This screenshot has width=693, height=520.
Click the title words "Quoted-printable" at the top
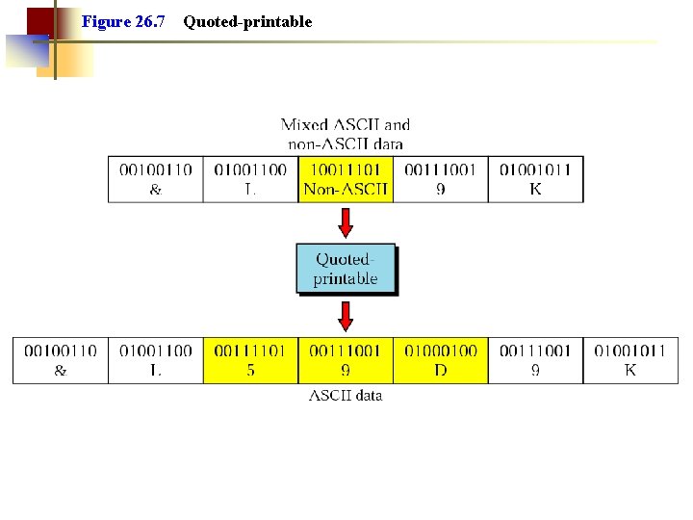pos(247,21)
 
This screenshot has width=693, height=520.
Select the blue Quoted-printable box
pos(346,269)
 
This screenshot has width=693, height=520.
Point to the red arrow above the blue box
pos(346,222)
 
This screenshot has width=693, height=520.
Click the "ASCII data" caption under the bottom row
pos(346,395)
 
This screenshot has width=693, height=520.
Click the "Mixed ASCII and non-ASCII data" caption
pos(346,134)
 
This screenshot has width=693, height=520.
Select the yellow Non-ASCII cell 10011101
pos(346,179)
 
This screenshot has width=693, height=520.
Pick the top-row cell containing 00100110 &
pos(155,179)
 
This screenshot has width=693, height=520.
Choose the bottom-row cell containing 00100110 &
pos(60,360)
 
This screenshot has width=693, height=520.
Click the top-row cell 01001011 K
pos(536,179)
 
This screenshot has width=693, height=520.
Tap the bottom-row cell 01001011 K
pos(630,360)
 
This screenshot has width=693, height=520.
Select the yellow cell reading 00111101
pos(250,360)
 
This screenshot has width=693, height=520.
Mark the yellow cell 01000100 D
pos(441,360)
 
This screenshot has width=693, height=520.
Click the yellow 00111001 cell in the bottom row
pos(346,360)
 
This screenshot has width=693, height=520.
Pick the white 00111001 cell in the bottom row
pos(536,360)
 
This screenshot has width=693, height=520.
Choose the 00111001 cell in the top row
pos(441,179)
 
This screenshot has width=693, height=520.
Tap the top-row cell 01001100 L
pos(250,179)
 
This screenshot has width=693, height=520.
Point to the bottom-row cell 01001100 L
pos(155,360)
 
